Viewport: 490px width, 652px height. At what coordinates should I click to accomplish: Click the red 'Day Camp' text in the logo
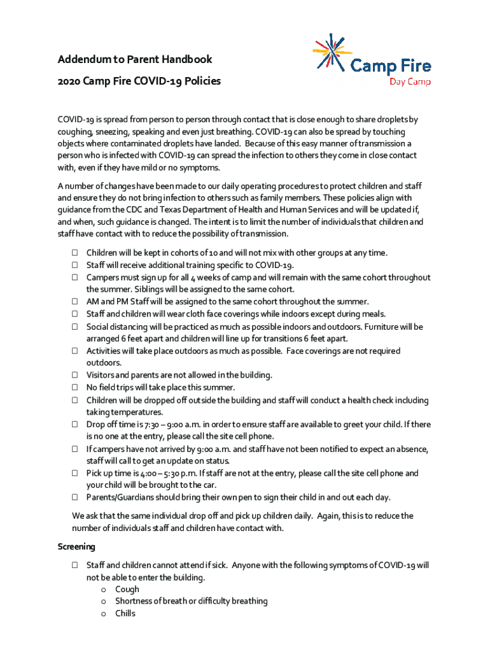(x=410, y=81)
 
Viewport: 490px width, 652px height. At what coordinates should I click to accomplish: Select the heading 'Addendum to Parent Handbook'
(x=135, y=60)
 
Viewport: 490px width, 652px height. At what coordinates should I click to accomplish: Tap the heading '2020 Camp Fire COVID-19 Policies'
(x=139, y=81)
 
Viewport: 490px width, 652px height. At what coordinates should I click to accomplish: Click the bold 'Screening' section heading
(x=76, y=546)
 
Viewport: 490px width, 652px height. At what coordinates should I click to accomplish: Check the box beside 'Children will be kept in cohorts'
(x=74, y=253)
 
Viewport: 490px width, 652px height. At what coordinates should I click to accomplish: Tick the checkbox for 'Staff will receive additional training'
(x=74, y=265)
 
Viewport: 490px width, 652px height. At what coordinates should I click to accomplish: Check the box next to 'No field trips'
(x=74, y=387)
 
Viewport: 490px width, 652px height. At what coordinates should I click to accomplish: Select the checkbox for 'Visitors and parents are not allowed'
(x=74, y=375)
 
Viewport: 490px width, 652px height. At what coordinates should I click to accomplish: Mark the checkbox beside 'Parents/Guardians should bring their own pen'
(x=74, y=497)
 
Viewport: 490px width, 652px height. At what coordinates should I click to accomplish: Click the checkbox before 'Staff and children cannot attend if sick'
(x=74, y=565)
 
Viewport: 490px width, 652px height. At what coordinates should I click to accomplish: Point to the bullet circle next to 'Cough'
(x=103, y=590)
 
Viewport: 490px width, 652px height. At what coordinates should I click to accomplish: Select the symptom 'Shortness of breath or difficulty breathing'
(x=191, y=601)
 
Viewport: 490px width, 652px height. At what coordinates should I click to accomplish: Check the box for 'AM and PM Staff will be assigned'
(x=74, y=302)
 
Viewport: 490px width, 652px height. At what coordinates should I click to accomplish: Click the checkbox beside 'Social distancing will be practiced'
(x=74, y=327)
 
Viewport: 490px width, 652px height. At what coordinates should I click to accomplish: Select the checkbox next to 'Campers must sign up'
(x=74, y=278)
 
